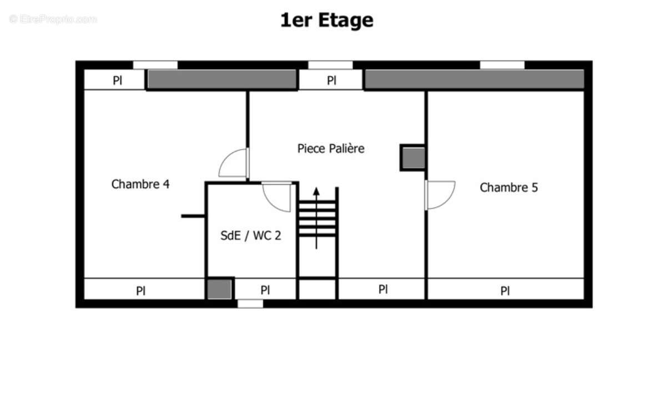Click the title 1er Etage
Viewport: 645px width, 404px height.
coord(327,21)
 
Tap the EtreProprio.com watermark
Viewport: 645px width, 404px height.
coord(53,19)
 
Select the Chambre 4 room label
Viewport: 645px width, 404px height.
coord(140,184)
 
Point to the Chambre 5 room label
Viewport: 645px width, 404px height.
coord(508,188)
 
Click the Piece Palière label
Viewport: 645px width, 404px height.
coord(331,149)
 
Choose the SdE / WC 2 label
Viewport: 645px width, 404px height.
coord(251,235)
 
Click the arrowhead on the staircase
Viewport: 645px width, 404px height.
coord(316,192)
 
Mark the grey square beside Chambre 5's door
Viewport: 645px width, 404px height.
coord(413,158)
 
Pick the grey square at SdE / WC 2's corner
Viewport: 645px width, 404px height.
coord(219,289)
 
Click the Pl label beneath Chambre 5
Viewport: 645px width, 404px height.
coord(505,291)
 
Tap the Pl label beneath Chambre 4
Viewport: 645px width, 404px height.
coord(141,291)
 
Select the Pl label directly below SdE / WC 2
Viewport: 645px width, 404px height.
coord(265,290)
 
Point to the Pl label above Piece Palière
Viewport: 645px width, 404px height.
coord(331,80)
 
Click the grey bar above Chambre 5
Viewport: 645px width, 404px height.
coord(474,79)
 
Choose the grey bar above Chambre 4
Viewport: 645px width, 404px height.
coord(221,79)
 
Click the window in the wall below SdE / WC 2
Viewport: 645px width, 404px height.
coord(250,304)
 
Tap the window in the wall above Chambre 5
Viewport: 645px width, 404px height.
coord(502,65)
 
